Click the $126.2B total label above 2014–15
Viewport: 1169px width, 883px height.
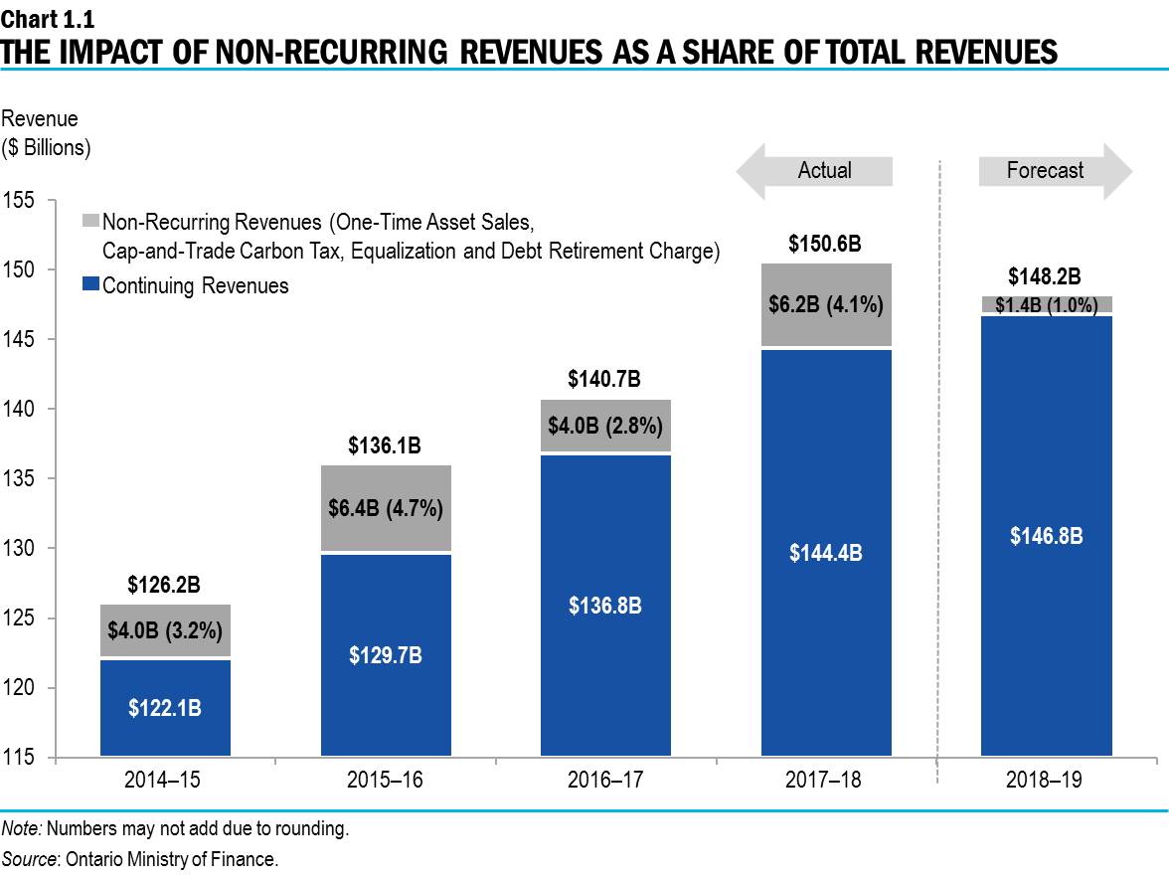(x=165, y=586)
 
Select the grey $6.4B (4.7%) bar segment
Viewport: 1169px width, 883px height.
(x=385, y=508)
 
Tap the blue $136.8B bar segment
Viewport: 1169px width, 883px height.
(x=604, y=605)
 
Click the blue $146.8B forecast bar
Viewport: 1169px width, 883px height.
(x=1046, y=535)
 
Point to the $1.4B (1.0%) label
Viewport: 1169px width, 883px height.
(x=1046, y=305)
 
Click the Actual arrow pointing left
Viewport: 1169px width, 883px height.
(x=815, y=170)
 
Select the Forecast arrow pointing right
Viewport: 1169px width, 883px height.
(x=1055, y=170)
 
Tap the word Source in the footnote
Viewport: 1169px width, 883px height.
(x=30, y=859)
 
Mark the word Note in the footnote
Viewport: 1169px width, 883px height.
(x=20, y=828)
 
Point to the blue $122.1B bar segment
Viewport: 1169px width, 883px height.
(x=165, y=708)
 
